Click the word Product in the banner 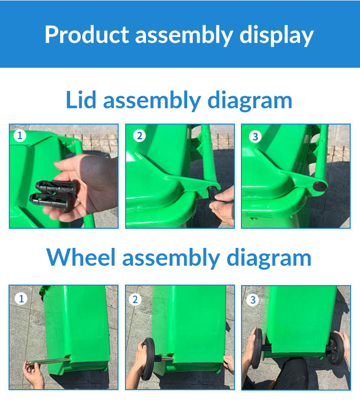click(x=87, y=35)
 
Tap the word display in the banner click(x=276, y=36)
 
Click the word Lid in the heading click(x=81, y=99)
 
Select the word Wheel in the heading click(x=81, y=257)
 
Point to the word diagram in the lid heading click(x=250, y=101)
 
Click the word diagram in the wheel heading click(x=269, y=258)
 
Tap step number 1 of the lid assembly click(x=20, y=135)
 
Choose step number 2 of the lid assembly click(x=139, y=135)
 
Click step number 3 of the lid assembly click(x=255, y=136)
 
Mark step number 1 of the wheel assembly click(x=21, y=299)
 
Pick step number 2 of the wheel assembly click(x=135, y=300)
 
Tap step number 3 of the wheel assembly click(x=252, y=300)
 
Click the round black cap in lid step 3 click(x=319, y=186)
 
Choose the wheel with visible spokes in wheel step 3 click(x=335, y=348)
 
